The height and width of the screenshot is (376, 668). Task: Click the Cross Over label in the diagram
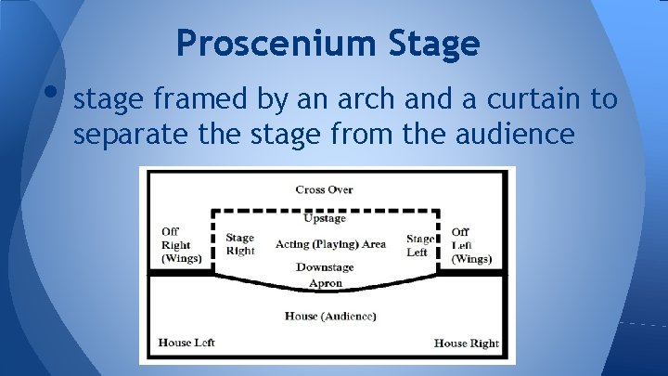point(325,190)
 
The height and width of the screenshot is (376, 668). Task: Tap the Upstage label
point(325,219)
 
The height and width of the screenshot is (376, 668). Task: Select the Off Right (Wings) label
point(181,245)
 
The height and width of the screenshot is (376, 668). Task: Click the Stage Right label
point(239,245)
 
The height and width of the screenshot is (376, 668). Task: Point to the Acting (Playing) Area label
point(330,244)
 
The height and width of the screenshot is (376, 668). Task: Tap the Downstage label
point(325,267)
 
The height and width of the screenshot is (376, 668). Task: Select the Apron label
point(325,283)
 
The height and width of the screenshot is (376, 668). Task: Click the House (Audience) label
point(330,317)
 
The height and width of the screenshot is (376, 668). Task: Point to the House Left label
point(186,343)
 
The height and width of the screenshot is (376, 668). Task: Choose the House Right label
point(466,344)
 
